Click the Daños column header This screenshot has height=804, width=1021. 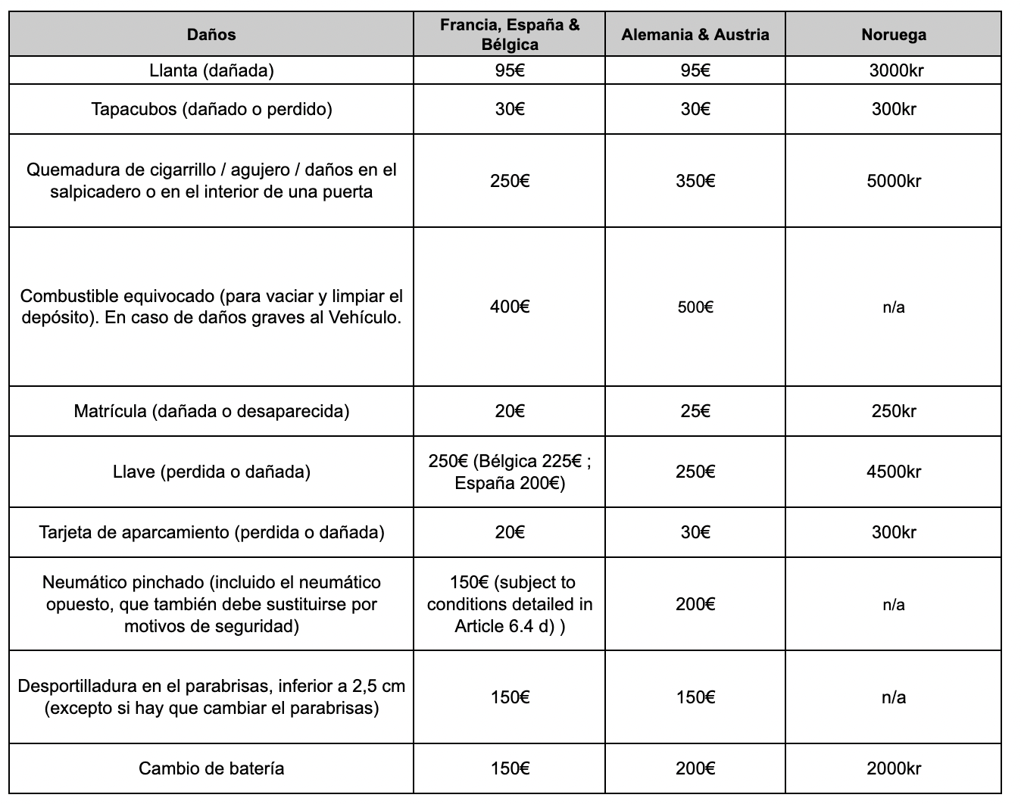click(x=211, y=34)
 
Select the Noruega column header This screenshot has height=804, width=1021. click(x=894, y=34)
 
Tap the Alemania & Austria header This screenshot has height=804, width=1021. click(x=695, y=34)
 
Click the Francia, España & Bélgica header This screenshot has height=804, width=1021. click(x=510, y=34)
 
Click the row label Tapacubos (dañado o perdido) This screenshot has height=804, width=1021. click(x=211, y=109)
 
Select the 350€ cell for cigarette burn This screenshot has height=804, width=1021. click(x=695, y=181)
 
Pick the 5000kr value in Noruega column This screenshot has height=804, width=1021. click(x=894, y=181)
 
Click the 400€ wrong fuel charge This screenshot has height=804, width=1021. click(x=510, y=307)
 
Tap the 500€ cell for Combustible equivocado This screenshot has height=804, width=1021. click(x=695, y=307)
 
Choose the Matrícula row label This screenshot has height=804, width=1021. click(x=211, y=411)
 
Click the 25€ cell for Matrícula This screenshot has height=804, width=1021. click(x=695, y=411)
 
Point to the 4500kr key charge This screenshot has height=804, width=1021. click(x=894, y=472)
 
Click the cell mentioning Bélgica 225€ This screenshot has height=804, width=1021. click(x=510, y=472)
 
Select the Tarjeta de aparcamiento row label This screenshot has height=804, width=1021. click(x=211, y=532)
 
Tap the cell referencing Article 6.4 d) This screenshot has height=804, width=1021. click(x=510, y=604)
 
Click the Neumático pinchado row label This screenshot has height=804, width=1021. click(x=211, y=604)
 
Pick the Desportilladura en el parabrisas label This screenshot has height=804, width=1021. click(x=211, y=697)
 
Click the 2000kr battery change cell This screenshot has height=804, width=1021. click(x=894, y=768)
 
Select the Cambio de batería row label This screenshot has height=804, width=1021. click(x=211, y=768)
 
